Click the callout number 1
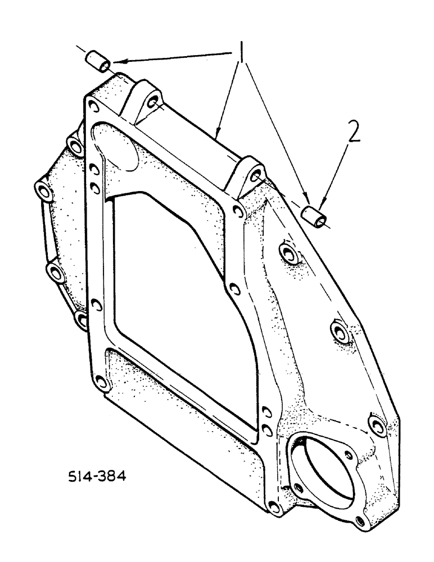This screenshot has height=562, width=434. click(x=241, y=55)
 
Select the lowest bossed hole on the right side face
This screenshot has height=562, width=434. click(x=377, y=425)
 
